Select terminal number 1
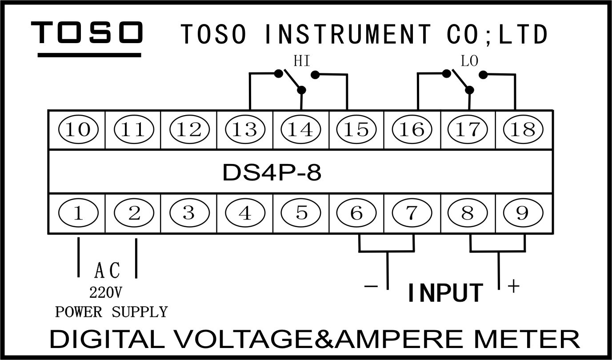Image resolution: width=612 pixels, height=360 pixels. pyautogui.click(x=78, y=214)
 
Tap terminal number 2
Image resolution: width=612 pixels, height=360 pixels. pyautogui.click(x=134, y=214)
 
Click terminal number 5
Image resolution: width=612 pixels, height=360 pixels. pyautogui.click(x=301, y=214)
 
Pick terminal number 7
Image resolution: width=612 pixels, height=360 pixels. pyautogui.click(x=412, y=214)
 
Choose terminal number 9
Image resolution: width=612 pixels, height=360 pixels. pyautogui.click(x=523, y=214)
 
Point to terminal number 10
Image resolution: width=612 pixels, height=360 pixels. pyautogui.click(x=78, y=130)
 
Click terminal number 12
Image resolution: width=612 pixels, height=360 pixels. pyautogui.click(x=189, y=130)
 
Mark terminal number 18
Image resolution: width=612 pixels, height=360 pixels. pyautogui.click(x=523, y=130)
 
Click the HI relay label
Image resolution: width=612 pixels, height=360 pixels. pyautogui.click(x=301, y=61)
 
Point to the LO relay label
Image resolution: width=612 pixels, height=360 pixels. pyautogui.click(x=469, y=61)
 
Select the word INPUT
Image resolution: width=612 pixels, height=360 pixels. pyautogui.click(x=445, y=293)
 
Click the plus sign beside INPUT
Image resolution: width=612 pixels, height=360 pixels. pyautogui.click(x=513, y=286)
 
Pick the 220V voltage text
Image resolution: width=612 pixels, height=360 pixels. pyautogui.click(x=106, y=292)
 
